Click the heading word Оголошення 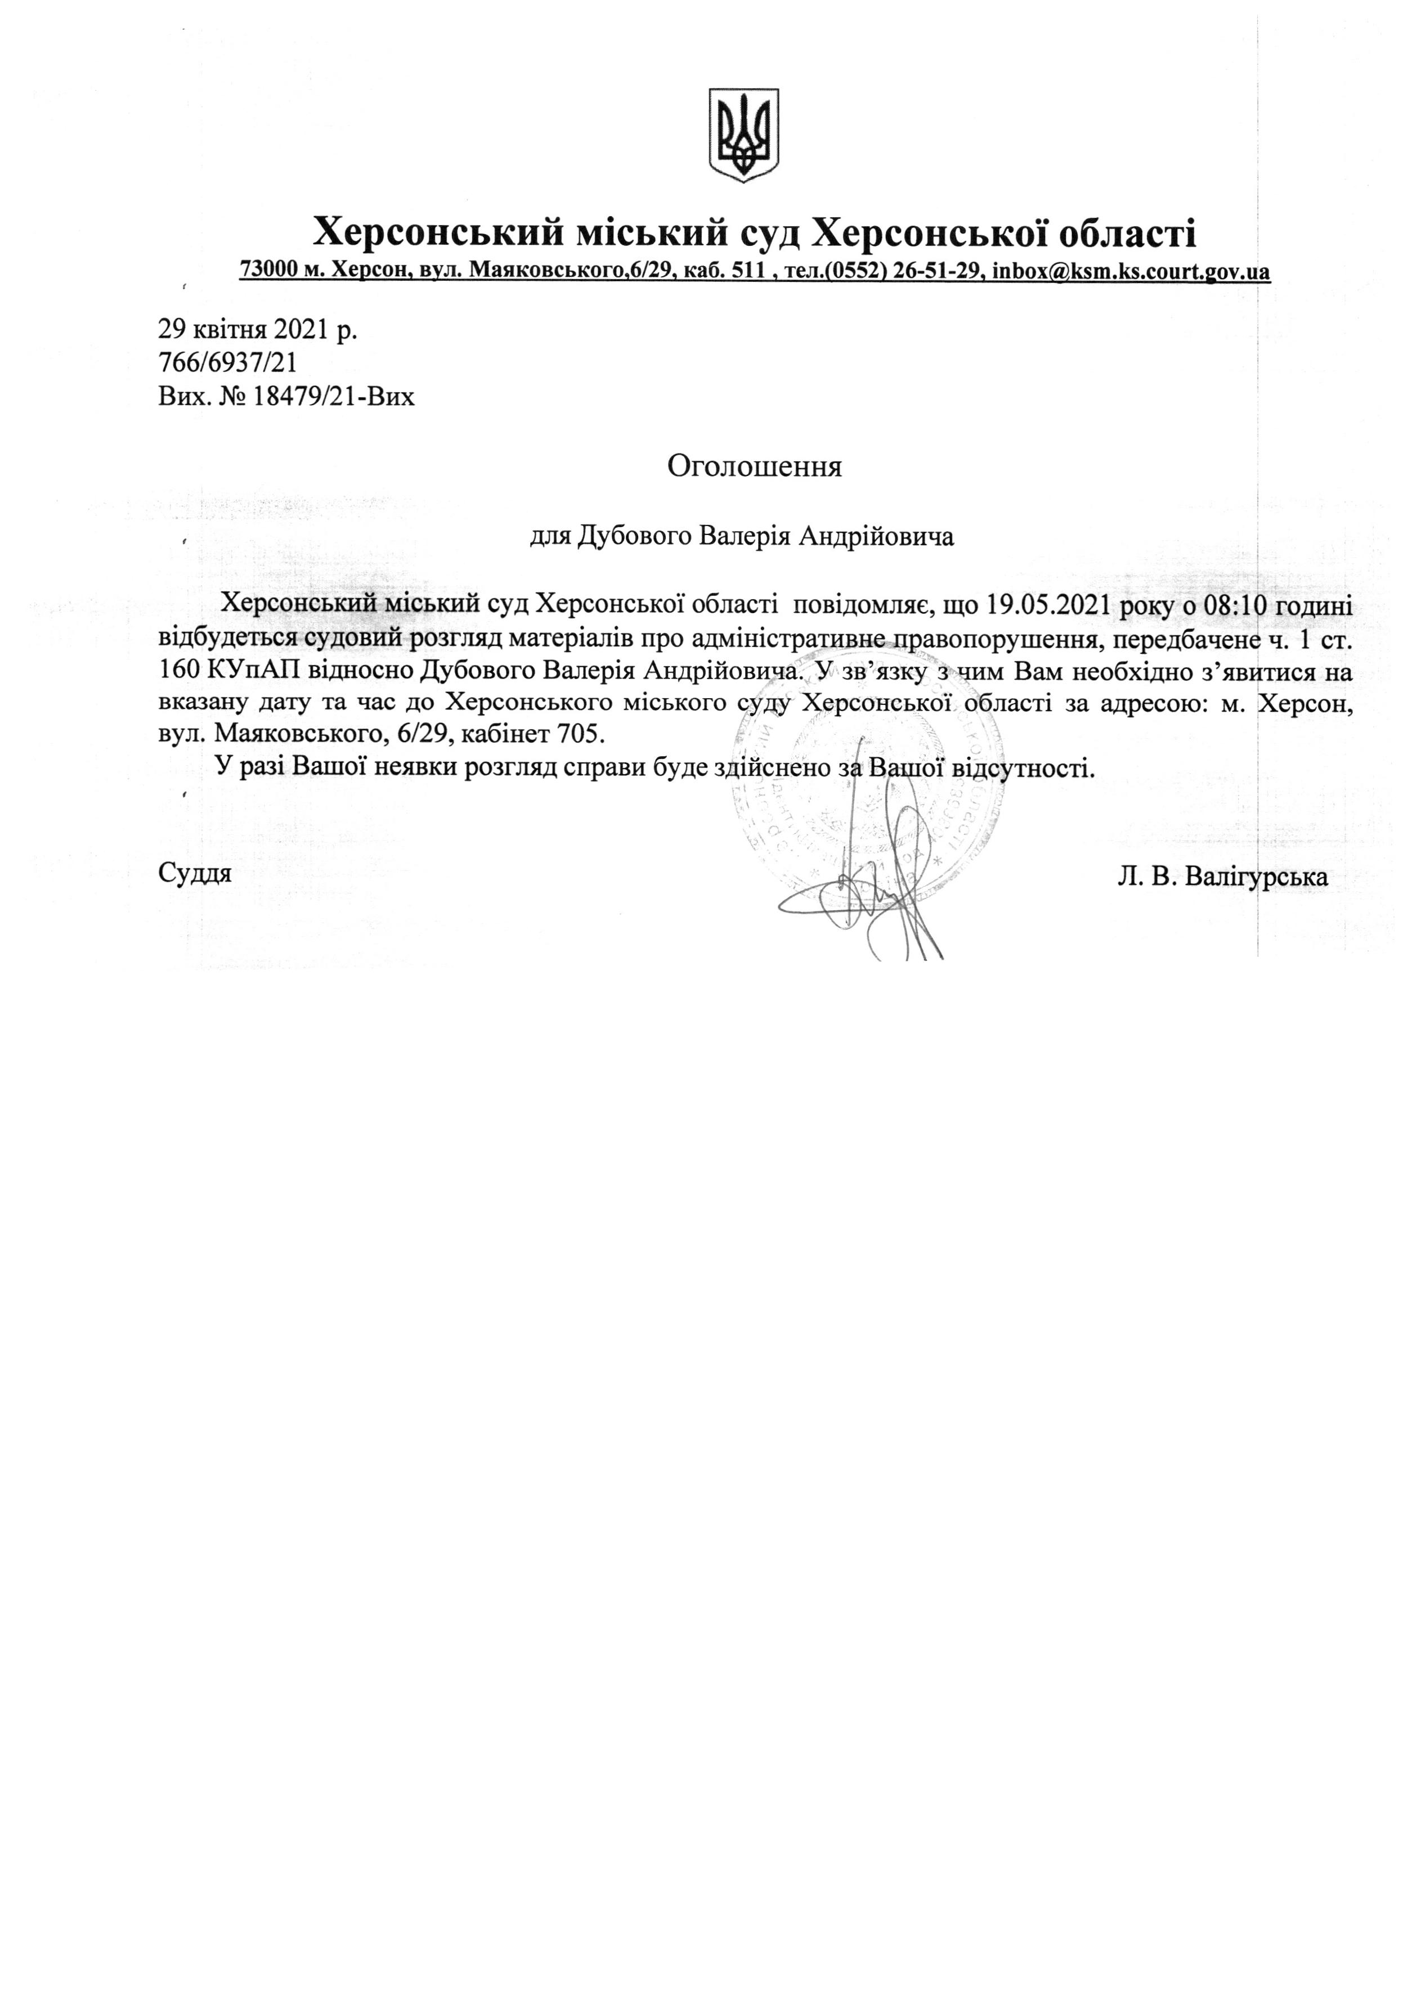click(x=754, y=465)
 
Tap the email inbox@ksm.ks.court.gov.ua click(x=1131, y=271)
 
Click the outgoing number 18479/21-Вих click(x=333, y=397)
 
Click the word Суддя click(x=195, y=873)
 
